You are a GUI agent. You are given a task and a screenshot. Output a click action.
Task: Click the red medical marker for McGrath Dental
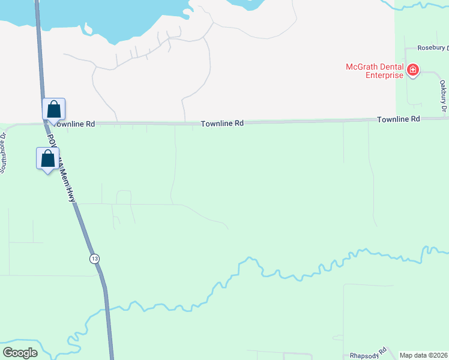[412, 71]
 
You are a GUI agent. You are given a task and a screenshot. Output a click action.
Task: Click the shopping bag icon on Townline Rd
[53, 110]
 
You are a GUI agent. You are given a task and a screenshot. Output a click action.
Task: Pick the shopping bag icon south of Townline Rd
[47, 159]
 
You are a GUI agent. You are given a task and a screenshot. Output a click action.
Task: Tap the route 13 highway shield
[94, 258]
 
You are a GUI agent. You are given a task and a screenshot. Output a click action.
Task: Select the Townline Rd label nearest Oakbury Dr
[398, 119]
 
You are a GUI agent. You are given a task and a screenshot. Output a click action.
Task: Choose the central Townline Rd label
[222, 123]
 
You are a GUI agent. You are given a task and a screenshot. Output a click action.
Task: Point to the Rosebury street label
[433, 47]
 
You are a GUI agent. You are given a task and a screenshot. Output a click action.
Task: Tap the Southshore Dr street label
[4, 152]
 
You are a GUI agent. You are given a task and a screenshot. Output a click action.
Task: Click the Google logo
[20, 353]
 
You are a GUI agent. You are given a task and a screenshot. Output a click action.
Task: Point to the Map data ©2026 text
[423, 355]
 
